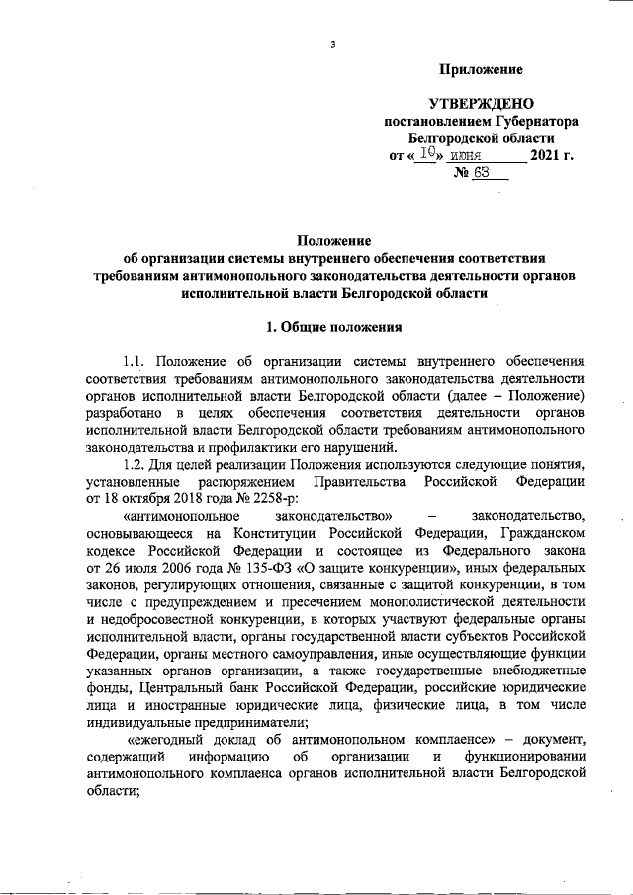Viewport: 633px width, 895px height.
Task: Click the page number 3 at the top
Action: [333, 45]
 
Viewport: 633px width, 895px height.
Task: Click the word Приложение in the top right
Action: [481, 69]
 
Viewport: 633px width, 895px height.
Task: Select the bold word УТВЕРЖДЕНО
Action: [482, 103]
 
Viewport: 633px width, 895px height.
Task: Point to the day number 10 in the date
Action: [422, 154]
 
